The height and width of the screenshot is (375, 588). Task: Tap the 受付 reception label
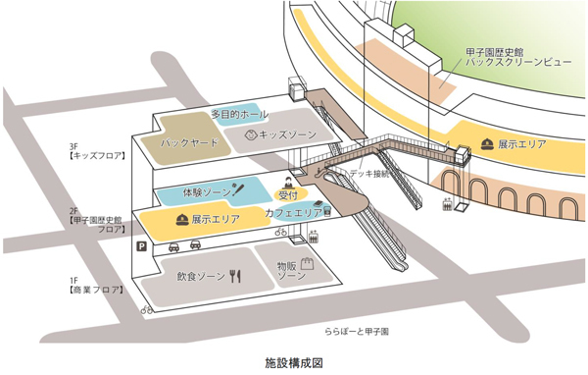(288, 196)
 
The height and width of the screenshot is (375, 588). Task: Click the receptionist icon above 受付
(288, 182)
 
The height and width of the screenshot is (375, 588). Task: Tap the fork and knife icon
(234, 276)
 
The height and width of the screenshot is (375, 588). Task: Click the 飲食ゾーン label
(201, 277)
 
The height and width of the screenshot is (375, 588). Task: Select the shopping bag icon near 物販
(306, 264)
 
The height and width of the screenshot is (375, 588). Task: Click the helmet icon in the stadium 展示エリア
(487, 145)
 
